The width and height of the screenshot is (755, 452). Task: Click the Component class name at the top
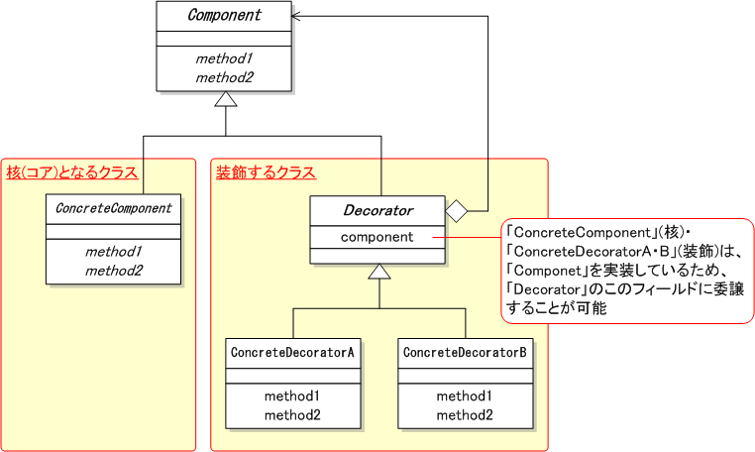click(x=224, y=16)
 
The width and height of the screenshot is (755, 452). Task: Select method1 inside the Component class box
click(x=224, y=58)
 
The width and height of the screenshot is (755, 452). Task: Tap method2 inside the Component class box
click(x=224, y=76)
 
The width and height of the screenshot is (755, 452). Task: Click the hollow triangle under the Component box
click(x=226, y=99)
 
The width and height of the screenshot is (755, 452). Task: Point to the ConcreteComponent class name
click(x=114, y=209)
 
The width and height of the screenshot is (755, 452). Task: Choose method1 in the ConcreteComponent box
click(x=114, y=252)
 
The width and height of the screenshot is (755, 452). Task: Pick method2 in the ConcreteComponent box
click(x=114, y=270)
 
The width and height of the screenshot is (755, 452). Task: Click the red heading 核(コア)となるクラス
click(x=71, y=172)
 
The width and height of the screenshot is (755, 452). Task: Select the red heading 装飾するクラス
click(x=266, y=172)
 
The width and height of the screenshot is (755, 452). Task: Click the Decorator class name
click(x=377, y=210)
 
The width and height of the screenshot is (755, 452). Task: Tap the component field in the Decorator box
click(x=377, y=238)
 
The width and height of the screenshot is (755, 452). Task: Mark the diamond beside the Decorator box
click(x=456, y=210)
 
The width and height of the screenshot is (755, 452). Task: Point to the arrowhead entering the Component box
click(x=299, y=16)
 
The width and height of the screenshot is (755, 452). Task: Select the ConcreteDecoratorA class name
click(x=292, y=352)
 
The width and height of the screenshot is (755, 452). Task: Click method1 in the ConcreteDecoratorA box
click(x=292, y=395)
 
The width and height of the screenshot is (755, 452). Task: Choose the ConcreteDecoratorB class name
click(x=465, y=352)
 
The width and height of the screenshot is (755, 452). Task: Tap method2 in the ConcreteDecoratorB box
click(x=465, y=414)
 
